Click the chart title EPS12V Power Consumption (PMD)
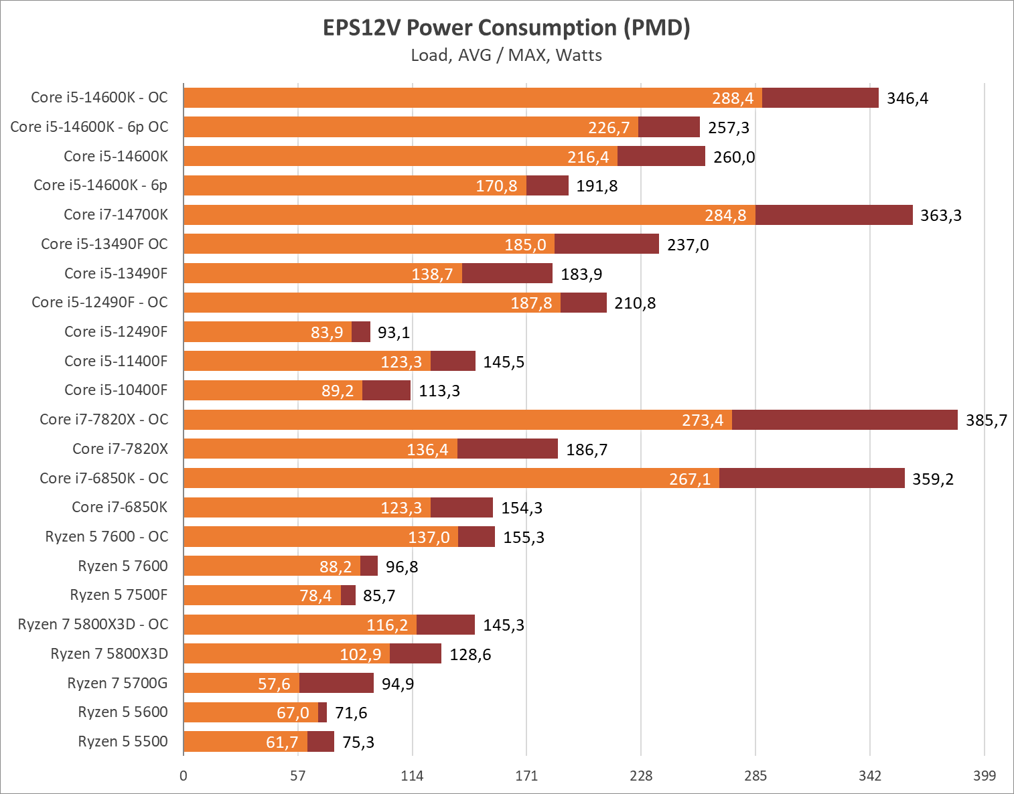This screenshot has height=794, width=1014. [x=506, y=27]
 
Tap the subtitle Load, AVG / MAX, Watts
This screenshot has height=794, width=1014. [x=506, y=55]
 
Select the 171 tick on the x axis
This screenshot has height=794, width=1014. [x=526, y=776]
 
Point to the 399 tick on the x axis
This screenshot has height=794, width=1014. [x=984, y=776]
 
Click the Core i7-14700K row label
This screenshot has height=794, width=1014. [x=116, y=214]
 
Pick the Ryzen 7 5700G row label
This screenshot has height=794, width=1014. [x=117, y=683]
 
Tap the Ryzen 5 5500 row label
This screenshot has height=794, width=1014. [x=123, y=741]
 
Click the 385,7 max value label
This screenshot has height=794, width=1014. [x=986, y=420]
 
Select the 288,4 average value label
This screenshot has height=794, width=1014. [x=733, y=98]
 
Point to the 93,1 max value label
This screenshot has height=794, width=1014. [x=394, y=333]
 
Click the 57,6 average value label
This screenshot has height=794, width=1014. [x=274, y=684]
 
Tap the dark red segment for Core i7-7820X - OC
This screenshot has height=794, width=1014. [x=845, y=420]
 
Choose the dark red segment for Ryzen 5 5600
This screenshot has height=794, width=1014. [x=322, y=712]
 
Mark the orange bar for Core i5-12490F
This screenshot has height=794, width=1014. [x=267, y=331]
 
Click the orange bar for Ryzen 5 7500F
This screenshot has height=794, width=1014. [x=262, y=595]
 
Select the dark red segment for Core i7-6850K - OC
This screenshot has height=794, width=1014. [x=812, y=478]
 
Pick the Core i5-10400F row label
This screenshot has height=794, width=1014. [x=116, y=390]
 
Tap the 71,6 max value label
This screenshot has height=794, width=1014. [x=351, y=713]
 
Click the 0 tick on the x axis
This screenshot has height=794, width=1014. [x=184, y=776]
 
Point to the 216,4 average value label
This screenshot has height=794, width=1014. [x=588, y=157]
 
